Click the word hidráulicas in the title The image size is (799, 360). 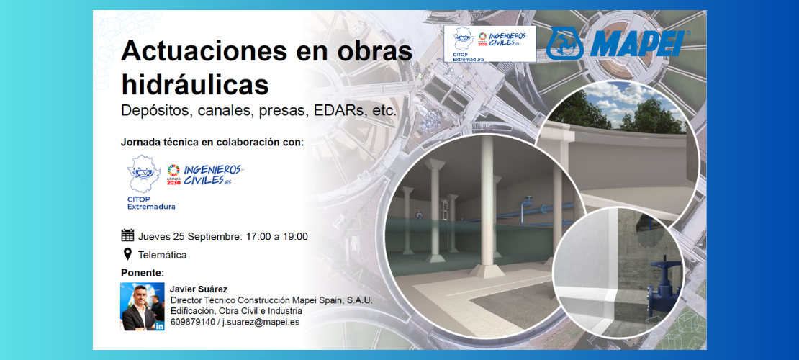click(x=194, y=84)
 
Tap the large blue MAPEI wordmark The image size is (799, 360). click(x=637, y=43)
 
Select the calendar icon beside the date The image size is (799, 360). click(x=127, y=235)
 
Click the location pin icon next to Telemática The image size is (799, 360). click(x=127, y=254)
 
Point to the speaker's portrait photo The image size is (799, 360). click(x=143, y=307)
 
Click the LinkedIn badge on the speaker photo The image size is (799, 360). click(x=160, y=326)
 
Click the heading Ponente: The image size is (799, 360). click(x=143, y=272)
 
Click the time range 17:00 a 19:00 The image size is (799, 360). click(x=277, y=237)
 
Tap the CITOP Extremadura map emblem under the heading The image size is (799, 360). click(x=144, y=174)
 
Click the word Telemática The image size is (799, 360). click(x=162, y=254)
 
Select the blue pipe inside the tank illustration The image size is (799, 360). click(x=525, y=210)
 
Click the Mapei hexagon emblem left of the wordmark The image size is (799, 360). click(x=564, y=44)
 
